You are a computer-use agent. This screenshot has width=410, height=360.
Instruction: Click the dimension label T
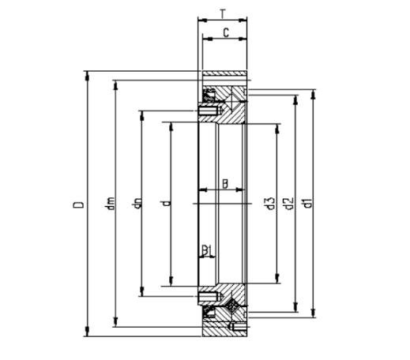[x=223, y=14]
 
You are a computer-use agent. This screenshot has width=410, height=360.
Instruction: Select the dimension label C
[x=226, y=33]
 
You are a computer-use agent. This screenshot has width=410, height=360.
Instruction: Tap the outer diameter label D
[x=78, y=204]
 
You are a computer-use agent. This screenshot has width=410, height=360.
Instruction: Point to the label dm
[x=110, y=204]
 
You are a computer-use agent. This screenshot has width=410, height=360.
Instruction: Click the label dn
[x=137, y=203]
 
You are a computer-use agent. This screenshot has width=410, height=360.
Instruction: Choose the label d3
[x=271, y=204]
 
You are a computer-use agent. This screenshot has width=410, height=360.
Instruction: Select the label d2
[x=288, y=204]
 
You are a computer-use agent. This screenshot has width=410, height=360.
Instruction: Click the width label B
[x=225, y=184]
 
